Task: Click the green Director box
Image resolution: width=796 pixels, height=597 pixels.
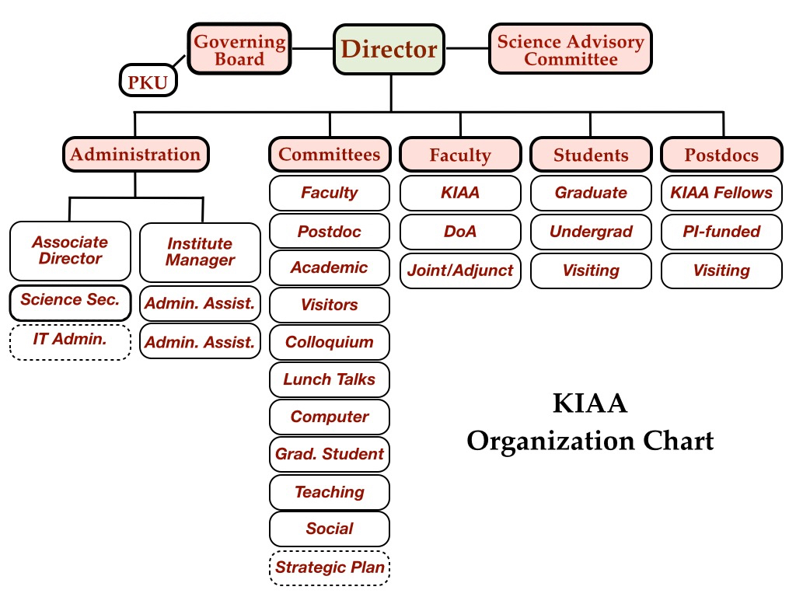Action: (389, 50)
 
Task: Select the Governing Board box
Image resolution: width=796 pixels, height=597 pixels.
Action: (239, 50)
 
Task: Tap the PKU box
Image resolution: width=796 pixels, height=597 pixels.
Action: (148, 82)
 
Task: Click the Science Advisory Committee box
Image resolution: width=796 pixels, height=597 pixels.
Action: (571, 50)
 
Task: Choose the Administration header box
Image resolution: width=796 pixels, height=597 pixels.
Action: (135, 154)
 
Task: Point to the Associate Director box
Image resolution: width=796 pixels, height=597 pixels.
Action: (71, 251)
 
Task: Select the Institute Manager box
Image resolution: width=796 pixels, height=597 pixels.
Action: (200, 252)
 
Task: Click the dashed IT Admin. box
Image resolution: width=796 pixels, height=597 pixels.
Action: (70, 341)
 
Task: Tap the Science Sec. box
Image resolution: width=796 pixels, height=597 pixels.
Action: (70, 300)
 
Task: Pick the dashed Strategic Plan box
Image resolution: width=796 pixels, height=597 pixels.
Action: (330, 567)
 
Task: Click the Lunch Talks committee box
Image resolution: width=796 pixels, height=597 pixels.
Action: (330, 379)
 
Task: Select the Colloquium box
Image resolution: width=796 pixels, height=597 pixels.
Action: (330, 342)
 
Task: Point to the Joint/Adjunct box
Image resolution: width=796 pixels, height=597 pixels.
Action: (460, 271)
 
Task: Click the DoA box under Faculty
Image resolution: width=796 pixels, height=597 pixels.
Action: (460, 232)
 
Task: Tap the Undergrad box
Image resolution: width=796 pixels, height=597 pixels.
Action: (591, 232)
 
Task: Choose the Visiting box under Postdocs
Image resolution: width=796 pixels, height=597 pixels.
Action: (721, 271)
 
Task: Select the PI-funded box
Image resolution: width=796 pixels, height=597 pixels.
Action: (721, 232)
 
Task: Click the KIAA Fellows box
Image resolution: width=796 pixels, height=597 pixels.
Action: (721, 193)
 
